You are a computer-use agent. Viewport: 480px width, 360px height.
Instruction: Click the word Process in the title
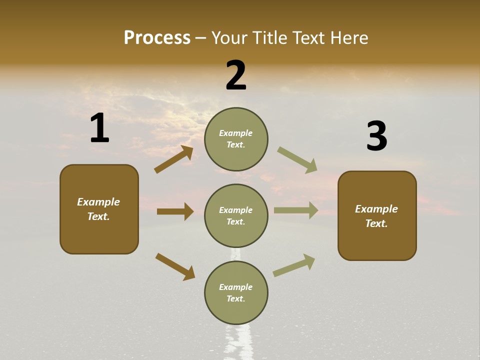[157, 38]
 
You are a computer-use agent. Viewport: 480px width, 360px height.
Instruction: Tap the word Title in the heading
[269, 38]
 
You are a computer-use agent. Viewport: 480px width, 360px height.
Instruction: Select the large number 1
[99, 128]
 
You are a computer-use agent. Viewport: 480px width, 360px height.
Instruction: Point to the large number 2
[236, 75]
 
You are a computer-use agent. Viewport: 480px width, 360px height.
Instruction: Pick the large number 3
[376, 136]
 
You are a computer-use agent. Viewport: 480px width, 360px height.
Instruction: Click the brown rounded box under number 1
[99, 209]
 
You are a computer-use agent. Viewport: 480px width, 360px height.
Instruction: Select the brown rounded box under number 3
[377, 215]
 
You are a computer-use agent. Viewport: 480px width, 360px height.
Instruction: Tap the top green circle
[236, 138]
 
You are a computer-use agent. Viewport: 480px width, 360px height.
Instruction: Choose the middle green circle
[236, 215]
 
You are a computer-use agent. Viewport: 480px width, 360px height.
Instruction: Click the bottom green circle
[236, 292]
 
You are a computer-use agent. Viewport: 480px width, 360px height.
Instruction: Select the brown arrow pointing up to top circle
[174, 159]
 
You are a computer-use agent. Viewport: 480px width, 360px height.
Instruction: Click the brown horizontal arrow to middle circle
[175, 211]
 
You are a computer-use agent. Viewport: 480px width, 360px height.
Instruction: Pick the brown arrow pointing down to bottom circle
[175, 266]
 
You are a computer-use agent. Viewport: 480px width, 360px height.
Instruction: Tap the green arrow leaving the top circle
[297, 160]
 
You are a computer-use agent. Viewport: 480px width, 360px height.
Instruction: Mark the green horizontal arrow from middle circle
[296, 210]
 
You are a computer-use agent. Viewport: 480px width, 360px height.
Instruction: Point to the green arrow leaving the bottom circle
[294, 265]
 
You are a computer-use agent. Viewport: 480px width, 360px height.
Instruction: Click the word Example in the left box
[98, 202]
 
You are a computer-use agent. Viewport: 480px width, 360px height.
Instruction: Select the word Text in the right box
[376, 223]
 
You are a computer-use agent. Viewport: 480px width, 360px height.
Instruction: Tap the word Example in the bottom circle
[235, 287]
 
